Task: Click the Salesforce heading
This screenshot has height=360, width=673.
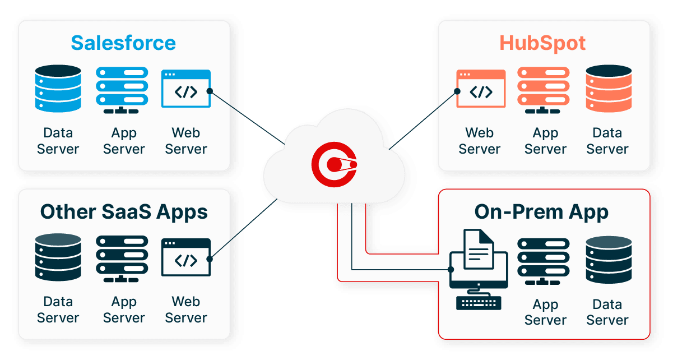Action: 123,43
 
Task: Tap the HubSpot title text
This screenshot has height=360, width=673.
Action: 542,43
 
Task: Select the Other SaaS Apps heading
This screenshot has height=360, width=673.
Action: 124,212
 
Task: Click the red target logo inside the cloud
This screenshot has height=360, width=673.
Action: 334,164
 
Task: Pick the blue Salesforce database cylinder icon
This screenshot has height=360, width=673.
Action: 58,88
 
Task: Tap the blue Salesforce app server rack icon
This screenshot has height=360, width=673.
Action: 122,88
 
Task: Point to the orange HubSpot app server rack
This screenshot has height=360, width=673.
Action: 544,88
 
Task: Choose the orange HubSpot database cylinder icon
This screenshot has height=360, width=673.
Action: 608,88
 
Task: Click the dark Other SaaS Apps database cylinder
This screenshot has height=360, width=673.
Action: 58,257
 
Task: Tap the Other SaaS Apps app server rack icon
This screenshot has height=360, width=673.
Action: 122,257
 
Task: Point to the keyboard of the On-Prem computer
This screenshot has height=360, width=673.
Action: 479,302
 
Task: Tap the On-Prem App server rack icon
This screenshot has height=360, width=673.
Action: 544,260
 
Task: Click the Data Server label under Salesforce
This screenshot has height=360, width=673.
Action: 58,141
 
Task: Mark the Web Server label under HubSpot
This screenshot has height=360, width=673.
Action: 480,141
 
